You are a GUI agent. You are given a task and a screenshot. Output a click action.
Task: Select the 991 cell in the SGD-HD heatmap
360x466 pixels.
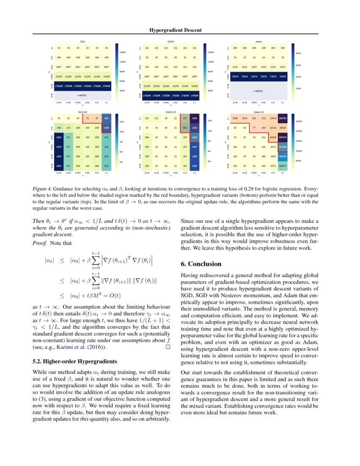[x=106, y=118]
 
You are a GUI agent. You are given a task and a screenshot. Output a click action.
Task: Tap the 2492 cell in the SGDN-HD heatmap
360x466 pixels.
[x=194, y=118]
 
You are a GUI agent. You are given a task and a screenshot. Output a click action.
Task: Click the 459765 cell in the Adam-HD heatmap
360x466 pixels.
[x=282, y=118]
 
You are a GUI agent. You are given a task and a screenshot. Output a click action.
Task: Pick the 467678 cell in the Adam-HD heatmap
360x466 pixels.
[x=282, y=137]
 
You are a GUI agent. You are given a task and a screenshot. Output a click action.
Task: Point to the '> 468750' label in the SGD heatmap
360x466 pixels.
[x=83, y=96]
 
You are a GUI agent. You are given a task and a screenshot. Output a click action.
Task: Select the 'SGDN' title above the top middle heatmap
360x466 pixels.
[x=171, y=42]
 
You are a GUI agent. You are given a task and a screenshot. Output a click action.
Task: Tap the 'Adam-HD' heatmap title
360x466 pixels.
[x=259, y=111]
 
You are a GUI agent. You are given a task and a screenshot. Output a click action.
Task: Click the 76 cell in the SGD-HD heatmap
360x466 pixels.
[x=87, y=118]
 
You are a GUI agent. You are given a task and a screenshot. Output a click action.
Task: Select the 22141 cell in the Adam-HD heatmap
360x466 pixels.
[x=273, y=128]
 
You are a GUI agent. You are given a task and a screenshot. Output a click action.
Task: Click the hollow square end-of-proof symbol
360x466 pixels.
[x=168, y=347]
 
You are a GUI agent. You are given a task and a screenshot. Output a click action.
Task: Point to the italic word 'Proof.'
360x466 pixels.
[x=40, y=244]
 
